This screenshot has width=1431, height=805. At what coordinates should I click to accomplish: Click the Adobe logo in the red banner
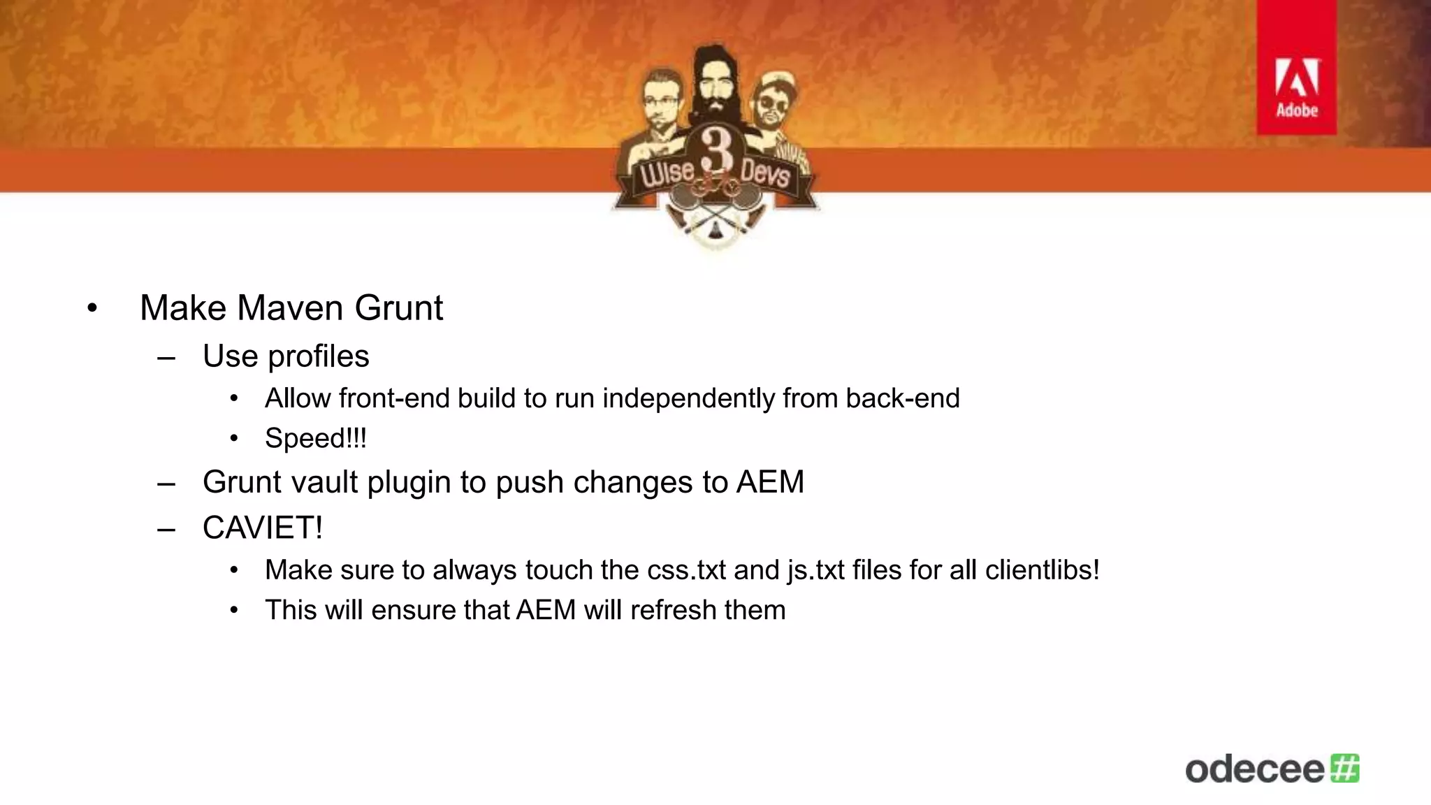1297,87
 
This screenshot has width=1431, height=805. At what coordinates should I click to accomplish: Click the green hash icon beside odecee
1344,768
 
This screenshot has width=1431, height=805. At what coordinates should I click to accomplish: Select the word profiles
319,356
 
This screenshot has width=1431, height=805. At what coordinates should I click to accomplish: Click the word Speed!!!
315,439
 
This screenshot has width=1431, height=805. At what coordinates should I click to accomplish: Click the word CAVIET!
263,528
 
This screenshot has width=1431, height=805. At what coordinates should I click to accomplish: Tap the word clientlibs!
1042,570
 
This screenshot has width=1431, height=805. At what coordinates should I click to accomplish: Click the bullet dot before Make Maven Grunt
92,309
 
